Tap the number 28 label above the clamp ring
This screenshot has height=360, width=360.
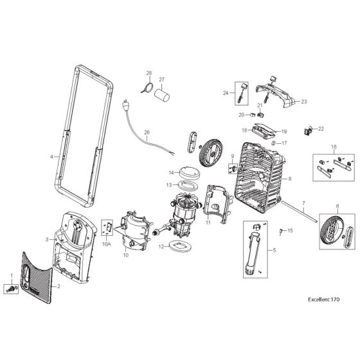click(148, 73)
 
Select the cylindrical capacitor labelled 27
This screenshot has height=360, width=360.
click(161, 94)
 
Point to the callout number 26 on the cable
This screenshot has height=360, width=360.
click(147, 133)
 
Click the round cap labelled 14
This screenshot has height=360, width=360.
click(186, 172)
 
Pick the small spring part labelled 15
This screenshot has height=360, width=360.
click(282, 230)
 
